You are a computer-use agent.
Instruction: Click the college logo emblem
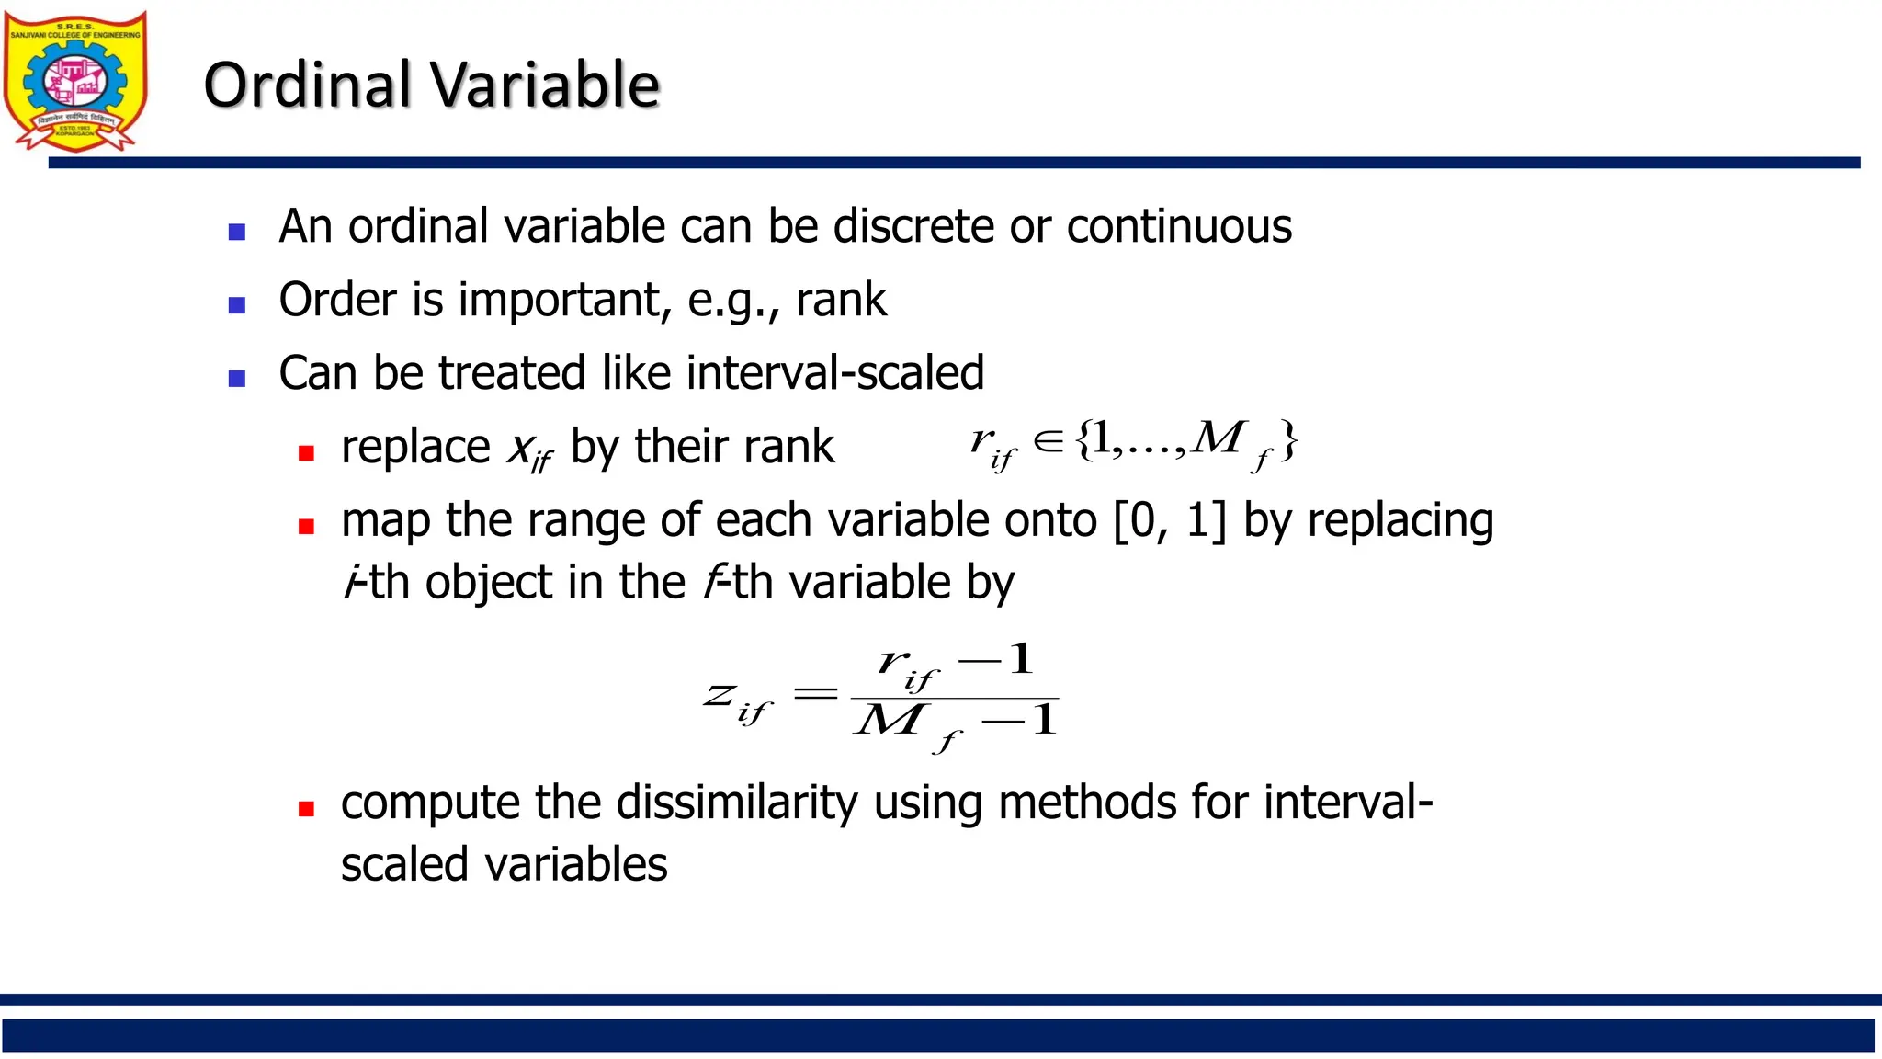pos(75,81)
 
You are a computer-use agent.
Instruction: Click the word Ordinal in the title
pos(307,85)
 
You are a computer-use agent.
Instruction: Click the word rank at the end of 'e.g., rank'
pos(841,301)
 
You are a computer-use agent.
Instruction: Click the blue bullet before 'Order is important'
pos(237,305)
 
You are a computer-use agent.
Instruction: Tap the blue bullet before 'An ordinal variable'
pos(237,232)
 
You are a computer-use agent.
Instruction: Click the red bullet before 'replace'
pos(307,452)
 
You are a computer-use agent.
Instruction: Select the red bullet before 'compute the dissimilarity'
pos(307,809)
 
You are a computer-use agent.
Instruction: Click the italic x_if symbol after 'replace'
pos(530,450)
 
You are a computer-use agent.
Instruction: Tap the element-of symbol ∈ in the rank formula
pos(1049,441)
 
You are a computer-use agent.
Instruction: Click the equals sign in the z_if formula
pos(815,694)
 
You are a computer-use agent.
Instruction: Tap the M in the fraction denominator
pos(888,721)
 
